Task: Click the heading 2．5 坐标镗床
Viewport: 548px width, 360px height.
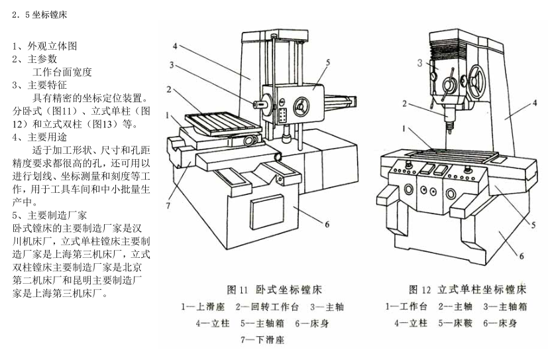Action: tap(41, 13)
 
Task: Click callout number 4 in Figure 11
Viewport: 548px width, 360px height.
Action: tap(174, 46)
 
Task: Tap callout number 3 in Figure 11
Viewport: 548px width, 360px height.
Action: tap(172, 66)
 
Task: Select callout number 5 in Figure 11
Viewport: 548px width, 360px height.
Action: tap(327, 62)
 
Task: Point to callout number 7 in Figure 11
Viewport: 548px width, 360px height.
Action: tap(168, 206)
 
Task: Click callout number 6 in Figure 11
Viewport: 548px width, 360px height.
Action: tap(327, 223)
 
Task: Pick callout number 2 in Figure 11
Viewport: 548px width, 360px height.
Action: tap(170, 89)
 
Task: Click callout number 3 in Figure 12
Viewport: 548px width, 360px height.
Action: tap(420, 64)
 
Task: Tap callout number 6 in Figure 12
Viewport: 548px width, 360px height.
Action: tap(521, 255)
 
